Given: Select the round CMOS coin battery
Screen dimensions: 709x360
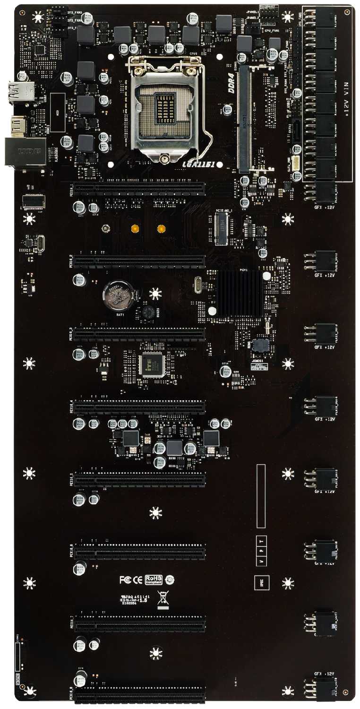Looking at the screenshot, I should click(x=118, y=295).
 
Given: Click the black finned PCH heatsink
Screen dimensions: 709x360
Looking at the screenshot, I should click(x=239, y=293).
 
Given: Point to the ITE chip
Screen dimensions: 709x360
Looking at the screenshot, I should click(x=151, y=365).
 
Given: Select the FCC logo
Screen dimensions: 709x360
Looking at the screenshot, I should click(x=125, y=579).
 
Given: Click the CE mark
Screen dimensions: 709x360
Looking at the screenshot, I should click(x=137, y=579).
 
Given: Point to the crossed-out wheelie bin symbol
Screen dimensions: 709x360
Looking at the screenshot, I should click(x=163, y=598).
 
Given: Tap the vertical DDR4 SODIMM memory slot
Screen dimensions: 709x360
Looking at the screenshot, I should click(x=244, y=118).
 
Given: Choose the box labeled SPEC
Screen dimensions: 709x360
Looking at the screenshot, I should click(x=261, y=583).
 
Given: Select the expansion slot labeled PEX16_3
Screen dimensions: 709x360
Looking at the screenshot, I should click(x=139, y=334).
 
